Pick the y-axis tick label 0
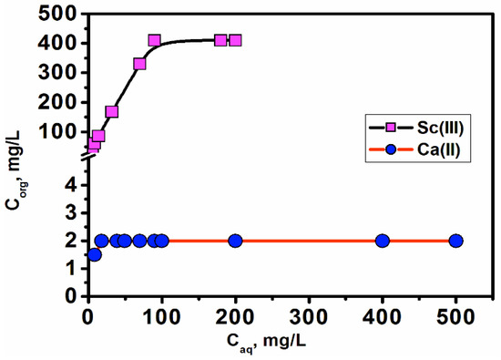click(x=71, y=296)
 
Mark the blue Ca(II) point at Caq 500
click(x=456, y=241)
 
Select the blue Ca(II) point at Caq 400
click(x=383, y=241)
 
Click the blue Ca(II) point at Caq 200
click(x=235, y=241)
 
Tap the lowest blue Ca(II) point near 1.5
click(x=94, y=254)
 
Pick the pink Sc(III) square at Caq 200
click(x=235, y=40)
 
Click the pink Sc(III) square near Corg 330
click(x=139, y=64)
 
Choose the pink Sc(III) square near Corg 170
click(x=111, y=112)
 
